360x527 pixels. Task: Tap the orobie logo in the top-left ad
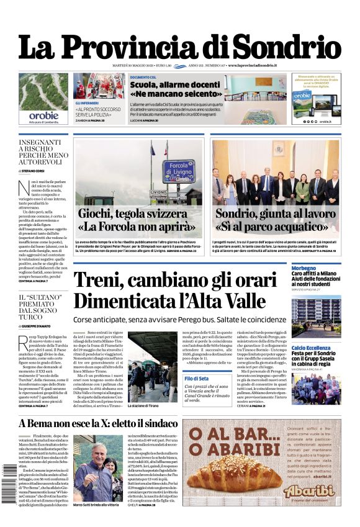(43, 115)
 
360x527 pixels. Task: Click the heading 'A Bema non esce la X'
(98, 424)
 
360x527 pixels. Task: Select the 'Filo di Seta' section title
(197, 378)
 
